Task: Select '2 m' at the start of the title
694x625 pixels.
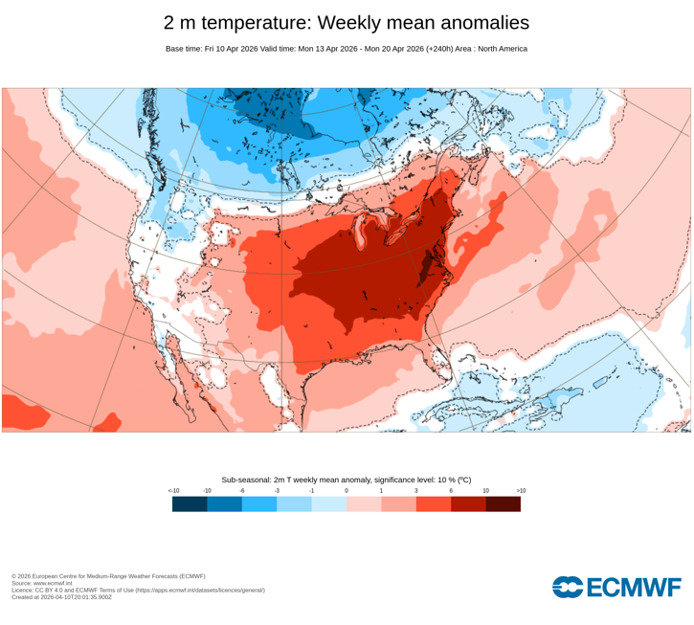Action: pyautogui.click(x=181, y=23)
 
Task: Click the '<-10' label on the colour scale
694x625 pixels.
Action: pyautogui.click(x=173, y=491)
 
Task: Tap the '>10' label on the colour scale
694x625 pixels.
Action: pyautogui.click(x=521, y=491)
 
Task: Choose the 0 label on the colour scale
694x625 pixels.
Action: pyautogui.click(x=347, y=491)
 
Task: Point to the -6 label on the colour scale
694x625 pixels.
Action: pyautogui.click(x=242, y=491)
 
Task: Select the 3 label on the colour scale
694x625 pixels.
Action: pyautogui.click(x=416, y=491)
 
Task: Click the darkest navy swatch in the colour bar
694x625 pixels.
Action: pyautogui.click(x=190, y=503)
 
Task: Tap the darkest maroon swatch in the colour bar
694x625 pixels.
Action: pyautogui.click(x=504, y=503)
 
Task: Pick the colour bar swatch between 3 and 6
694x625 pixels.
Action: pyautogui.click(x=434, y=503)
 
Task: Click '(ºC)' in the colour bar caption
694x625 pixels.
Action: pyautogui.click(x=463, y=480)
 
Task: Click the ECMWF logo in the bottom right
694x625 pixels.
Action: pyautogui.click(x=616, y=587)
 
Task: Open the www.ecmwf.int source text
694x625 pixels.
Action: pyautogui.click(x=53, y=583)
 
